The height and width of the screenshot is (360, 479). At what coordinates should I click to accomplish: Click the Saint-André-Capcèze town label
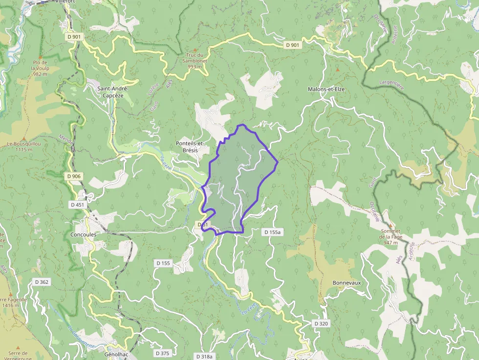[x=112, y=92]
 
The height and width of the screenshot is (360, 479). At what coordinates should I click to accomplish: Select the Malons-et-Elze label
[x=327, y=89]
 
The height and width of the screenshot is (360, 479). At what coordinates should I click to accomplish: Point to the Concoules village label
[x=84, y=234]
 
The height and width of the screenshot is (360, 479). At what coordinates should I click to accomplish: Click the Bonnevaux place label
[x=347, y=283]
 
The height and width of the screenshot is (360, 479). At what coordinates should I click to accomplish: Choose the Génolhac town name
[x=116, y=354]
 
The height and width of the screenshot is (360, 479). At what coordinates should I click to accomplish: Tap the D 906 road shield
[x=73, y=176]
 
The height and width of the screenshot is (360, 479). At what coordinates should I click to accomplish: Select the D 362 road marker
[x=42, y=282]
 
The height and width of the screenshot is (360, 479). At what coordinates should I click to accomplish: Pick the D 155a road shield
[x=272, y=232]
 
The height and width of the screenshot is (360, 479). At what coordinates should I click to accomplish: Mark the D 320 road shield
[x=321, y=323]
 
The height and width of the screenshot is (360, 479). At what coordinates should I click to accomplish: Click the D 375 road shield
[x=162, y=353]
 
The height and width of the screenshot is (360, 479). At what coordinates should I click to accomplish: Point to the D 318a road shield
[x=204, y=357]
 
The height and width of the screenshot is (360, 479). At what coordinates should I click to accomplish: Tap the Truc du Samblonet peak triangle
[x=195, y=50]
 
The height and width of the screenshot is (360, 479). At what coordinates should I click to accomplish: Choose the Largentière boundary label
[x=392, y=85]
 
